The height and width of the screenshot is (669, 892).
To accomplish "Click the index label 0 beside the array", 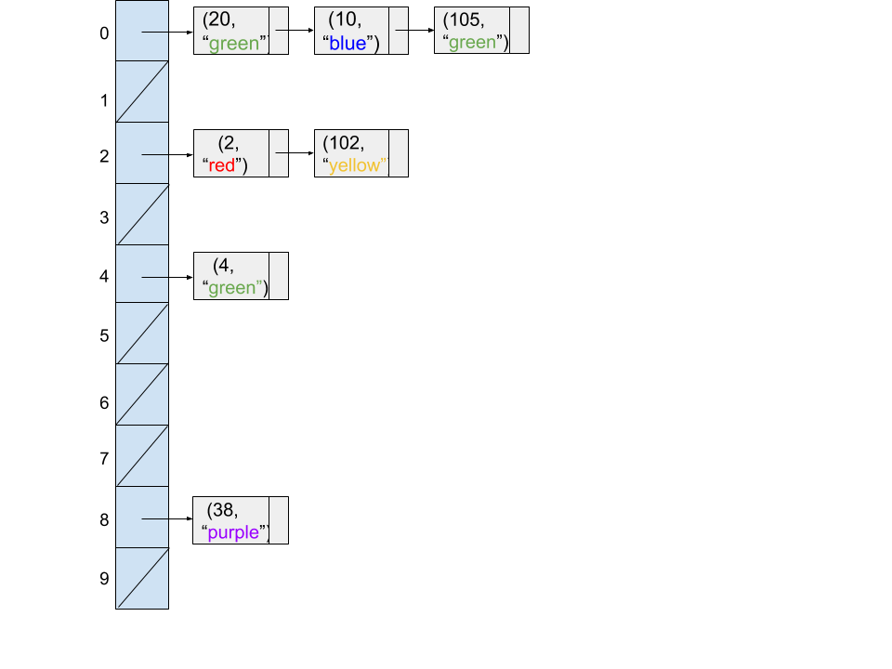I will pyautogui.click(x=104, y=33).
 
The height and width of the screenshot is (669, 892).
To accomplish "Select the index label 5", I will pyautogui.click(x=104, y=335).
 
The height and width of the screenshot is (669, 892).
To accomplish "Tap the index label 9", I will pyautogui.click(x=104, y=579).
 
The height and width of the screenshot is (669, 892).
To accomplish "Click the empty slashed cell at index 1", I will pyautogui.click(x=142, y=91).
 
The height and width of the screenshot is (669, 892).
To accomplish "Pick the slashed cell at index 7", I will pyautogui.click(x=142, y=455).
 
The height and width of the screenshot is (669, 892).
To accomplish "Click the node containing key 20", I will pyautogui.click(x=231, y=31).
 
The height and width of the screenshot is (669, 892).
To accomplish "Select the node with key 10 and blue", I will pyautogui.click(x=351, y=31).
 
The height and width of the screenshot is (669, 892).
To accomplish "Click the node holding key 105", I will pyautogui.click(x=472, y=31).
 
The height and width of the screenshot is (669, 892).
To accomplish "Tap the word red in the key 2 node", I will pyautogui.click(x=222, y=165).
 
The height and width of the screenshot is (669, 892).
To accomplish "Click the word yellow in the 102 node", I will pyautogui.click(x=355, y=165).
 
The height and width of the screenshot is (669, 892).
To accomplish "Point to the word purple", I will pyautogui.click(x=233, y=532).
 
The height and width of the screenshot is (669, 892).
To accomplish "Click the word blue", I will pyautogui.click(x=348, y=44).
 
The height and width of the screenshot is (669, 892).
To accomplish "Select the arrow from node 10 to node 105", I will pyautogui.click(x=416, y=30).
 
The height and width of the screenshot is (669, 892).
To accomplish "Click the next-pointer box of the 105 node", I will pyautogui.click(x=519, y=31).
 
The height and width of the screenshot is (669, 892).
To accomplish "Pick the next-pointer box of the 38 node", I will pyautogui.click(x=278, y=520).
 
